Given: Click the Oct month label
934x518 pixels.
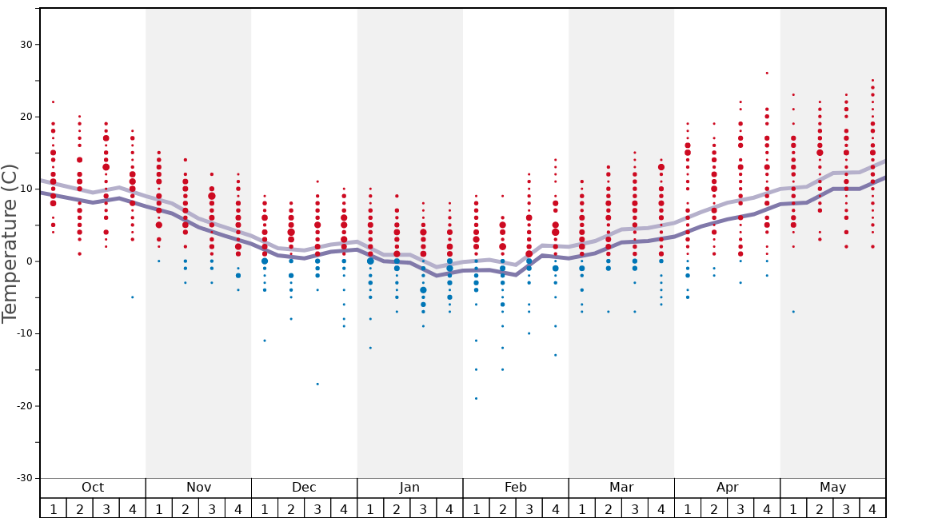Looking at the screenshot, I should pos(93,488).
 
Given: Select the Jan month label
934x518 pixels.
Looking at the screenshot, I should pos(409,488).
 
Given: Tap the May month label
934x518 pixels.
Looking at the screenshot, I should pos(832,488).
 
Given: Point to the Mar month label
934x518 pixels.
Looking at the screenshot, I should pos(621,488).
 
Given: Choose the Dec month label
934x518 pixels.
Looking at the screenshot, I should pos(304,488).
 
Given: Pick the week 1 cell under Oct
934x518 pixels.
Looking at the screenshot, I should pos(53,508).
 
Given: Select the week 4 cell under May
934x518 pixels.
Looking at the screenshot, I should pos(872,508).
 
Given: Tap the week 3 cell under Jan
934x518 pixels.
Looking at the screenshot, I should pos(423,508).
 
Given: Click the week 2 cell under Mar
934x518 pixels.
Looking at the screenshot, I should pos(608,508).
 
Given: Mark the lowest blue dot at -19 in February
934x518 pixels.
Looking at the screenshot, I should pos(476,398).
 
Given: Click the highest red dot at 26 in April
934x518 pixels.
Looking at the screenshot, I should pos(767,73).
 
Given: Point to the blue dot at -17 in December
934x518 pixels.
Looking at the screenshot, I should pos(317,384).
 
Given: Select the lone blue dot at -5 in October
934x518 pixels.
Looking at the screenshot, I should pos(133,297).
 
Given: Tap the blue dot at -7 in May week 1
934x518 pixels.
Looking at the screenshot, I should pos(793,312).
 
